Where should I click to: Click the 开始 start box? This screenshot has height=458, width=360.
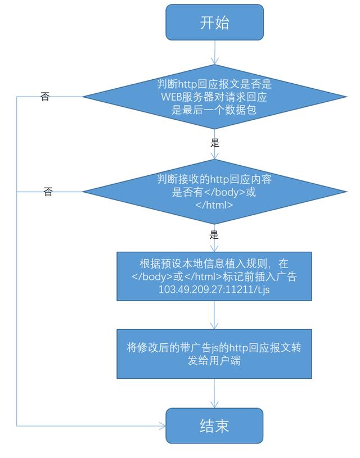(214, 22)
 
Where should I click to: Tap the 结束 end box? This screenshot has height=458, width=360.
(214, 426)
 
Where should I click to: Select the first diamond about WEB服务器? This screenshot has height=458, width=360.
(214, 97)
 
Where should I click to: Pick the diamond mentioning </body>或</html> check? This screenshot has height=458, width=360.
(214, 192)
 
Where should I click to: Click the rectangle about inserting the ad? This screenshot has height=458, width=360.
(214, 276)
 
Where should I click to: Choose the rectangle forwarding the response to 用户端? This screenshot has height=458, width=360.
(214, 353)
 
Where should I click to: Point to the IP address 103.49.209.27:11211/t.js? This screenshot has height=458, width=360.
(214, 290)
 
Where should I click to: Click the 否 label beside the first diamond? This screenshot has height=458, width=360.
(45, 97)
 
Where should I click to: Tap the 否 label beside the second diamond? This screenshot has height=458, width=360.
(48, 192)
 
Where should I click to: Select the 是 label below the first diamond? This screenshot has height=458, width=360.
(214, 143)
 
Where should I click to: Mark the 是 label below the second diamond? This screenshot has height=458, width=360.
(214, 235)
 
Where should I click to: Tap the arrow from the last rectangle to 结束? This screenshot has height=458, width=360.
(214, 393)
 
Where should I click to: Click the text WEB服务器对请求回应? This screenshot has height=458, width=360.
(214, 97)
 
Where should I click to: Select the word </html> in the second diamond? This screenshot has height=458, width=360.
(214, 205)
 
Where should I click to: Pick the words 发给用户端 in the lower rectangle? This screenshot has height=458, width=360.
(214, 360)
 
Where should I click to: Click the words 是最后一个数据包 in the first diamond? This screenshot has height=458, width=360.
(214, 109)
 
